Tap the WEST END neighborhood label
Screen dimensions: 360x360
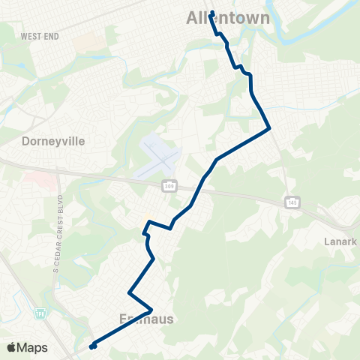pyautogui.click(x=40, y=36)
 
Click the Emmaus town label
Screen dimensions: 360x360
pyautogui.click(x=146, y=319)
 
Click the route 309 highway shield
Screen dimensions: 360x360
pyautogui.click(x=169, y=186)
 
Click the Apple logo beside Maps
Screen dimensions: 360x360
pyautogui.click(x=12, y=347)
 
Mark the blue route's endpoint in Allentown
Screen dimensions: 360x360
pyautogui.click(x=212, y=13)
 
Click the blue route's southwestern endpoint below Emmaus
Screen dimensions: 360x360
pyautogui.click(x=92, y=346)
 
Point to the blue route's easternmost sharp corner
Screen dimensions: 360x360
pyautogui.click(x=268, y=129)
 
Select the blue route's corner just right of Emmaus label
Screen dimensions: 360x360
pyautogui.click(x=151, y=309)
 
